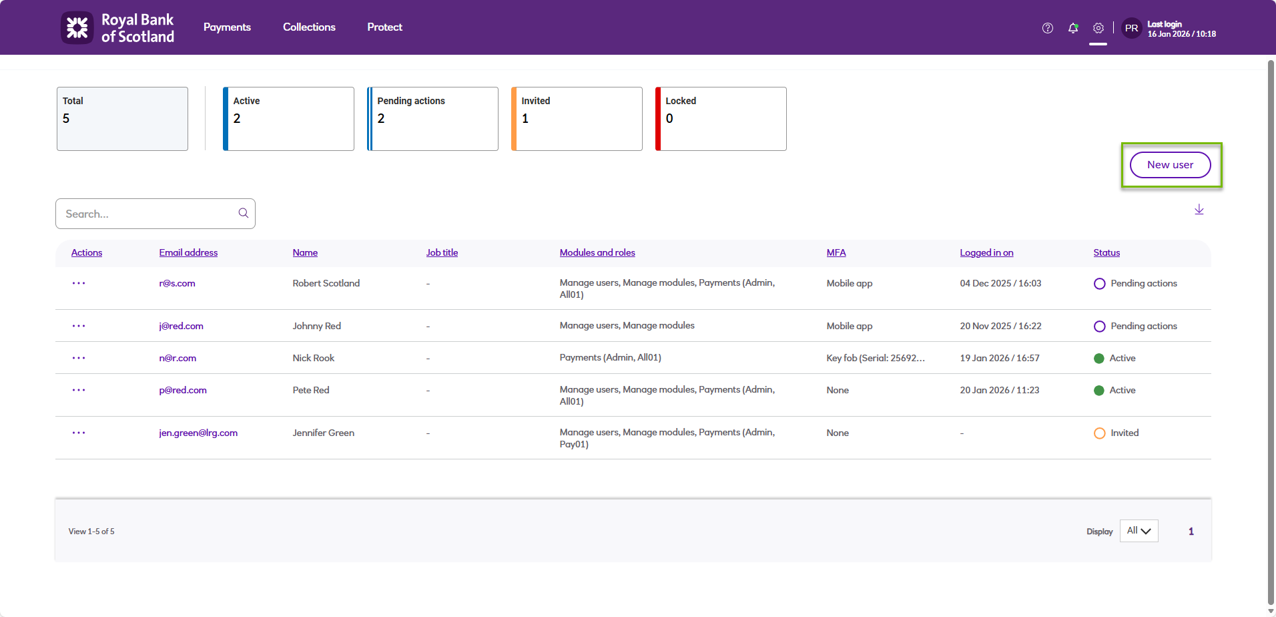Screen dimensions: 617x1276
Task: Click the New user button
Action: tap(1170, 165)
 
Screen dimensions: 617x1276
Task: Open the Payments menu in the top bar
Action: tap(227, 27)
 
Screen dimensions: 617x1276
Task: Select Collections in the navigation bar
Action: tap(309, 27)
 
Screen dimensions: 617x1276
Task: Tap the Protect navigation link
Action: tap(384, 27)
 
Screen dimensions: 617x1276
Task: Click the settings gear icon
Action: tap(1098, 28)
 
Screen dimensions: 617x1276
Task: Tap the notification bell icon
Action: tap(1073, 28)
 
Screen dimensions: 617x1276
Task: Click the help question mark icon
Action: tap(1048, 28)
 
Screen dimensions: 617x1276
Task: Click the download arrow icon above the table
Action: tap(1199, 210)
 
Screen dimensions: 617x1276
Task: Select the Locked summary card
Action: tap(721, 119)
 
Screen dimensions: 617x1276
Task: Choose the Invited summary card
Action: tap(577, 119)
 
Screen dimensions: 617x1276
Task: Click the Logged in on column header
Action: tap(986, 252)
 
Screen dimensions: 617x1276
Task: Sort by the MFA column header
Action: tap(836, 252)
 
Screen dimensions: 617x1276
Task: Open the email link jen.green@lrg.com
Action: tap(198, 433)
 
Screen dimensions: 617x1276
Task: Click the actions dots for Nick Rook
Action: tap(79, 358)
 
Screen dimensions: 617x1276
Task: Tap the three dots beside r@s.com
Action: tap(79, 283)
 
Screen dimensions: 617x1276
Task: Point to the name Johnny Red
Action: tap(316, 326)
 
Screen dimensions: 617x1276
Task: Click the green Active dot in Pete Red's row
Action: tap(1099, 391)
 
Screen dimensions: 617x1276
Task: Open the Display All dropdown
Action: tap(1139, 531)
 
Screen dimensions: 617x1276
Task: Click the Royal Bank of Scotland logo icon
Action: tap(77, 28)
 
